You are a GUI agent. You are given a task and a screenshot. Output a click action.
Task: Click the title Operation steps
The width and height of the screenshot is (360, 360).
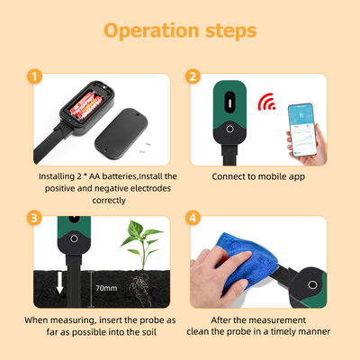point(180,30)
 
